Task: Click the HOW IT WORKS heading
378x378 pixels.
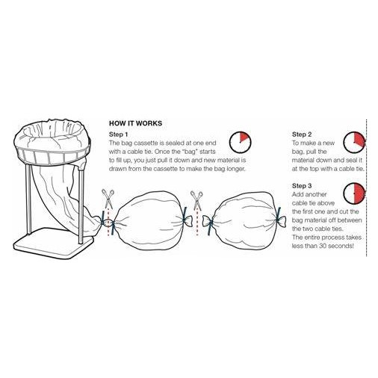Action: (135, 123)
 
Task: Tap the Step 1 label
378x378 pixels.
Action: (118, 134)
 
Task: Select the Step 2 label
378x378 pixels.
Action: (302, 134)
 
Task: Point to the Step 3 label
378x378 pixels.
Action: (302, 186)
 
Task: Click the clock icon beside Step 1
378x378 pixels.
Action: (240, 142)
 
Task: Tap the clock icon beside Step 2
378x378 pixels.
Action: (354, 143)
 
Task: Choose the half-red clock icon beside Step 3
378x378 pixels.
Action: (354, 193)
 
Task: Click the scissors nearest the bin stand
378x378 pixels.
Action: (108, 198)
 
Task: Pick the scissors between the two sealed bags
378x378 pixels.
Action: (196, 199)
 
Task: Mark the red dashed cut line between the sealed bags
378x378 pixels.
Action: (197, 223)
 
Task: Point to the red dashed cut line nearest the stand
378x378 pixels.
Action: (108, 223)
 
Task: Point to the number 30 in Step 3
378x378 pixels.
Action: (322, 246)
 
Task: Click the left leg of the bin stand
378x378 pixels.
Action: (28, 199)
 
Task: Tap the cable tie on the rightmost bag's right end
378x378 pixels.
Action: (278, 217)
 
